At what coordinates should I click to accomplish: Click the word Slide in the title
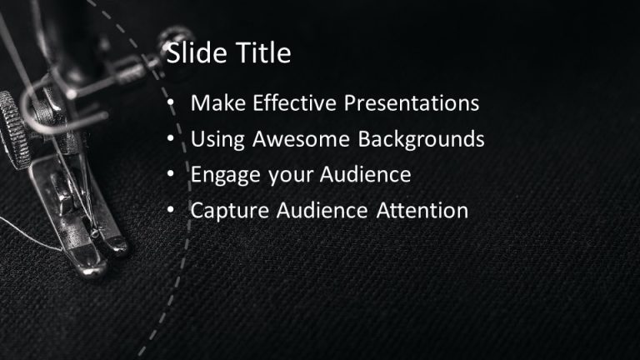(195, 54)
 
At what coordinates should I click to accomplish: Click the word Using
(215, 139)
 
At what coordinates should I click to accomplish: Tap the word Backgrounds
(421, 139)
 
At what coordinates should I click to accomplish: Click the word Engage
(221, 175)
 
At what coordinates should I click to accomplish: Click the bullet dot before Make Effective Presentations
(171, 104)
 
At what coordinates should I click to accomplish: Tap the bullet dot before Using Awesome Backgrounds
(171, 140)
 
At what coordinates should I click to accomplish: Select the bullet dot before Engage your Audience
(171, 176)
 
